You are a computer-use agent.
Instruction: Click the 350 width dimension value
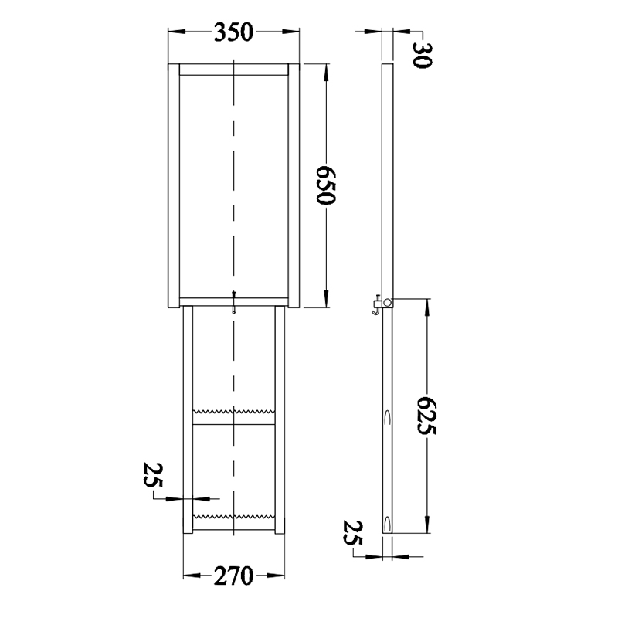pos(233,32)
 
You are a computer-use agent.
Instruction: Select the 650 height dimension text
pos(326,185)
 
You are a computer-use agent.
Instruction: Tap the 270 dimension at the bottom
pos(233,576)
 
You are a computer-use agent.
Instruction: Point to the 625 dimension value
pos(427,416)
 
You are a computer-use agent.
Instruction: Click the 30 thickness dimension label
pos(422,55)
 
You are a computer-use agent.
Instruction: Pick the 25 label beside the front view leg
pos(153,475)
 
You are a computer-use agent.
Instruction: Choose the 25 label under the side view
pos(353,533)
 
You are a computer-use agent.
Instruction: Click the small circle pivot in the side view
pos(388,303)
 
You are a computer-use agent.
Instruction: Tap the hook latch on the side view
pos(375,305)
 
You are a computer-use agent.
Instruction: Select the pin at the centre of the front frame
pos(234,302)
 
